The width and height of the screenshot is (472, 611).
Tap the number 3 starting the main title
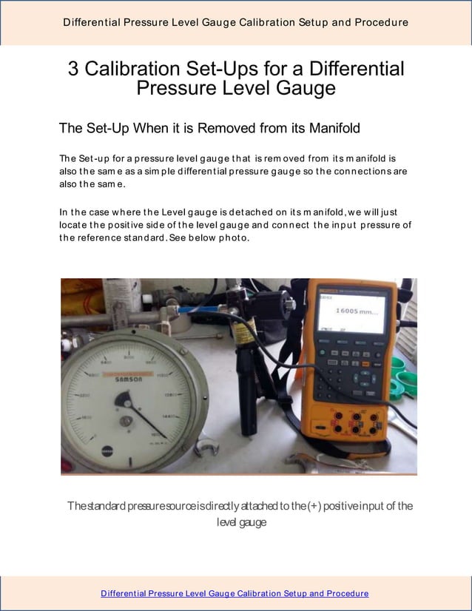(x=74, y=69)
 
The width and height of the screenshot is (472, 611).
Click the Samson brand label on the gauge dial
(x=129, y=377)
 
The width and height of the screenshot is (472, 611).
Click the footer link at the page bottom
(x=235, y=593)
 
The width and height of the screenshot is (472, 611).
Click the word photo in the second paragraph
(x=234, y=237)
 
